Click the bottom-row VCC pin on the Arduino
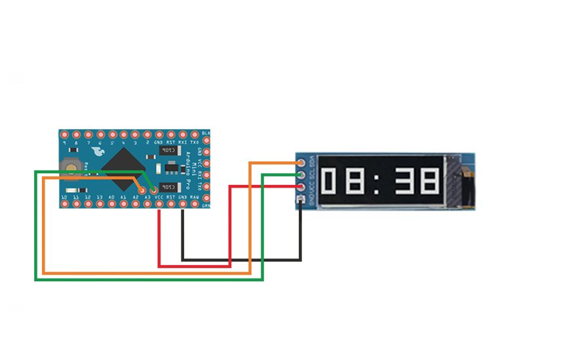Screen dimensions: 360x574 click(159, 203)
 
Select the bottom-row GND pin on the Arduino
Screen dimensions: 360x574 click(183, 203)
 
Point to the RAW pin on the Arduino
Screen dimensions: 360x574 click(195, 203)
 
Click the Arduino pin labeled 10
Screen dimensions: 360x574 click(64, 203)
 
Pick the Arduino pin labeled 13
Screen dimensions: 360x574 click(100, 203)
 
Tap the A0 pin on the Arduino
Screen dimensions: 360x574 click(111, 203)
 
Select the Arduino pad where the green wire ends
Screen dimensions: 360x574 click(153, 191)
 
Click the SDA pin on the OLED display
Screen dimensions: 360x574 click(301, 163)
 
